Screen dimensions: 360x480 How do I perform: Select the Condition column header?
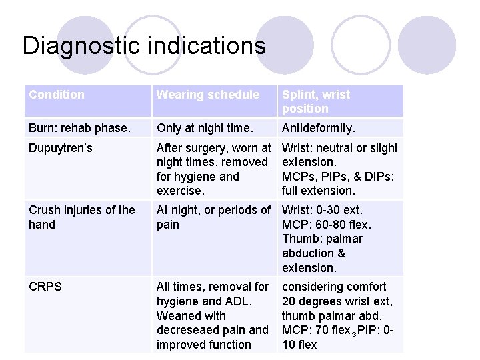pyautogui.click(x=57, y=95)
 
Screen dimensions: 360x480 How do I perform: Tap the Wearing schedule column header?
pyautogui.click(x=208, y=95)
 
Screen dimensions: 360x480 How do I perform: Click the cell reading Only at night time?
pyautogui.click(x=204, y=128)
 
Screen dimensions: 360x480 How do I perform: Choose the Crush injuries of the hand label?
pyautogui.click(x=81, y=217)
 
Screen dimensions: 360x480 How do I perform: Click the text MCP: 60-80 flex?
pyautogui.click(x=326, y=225)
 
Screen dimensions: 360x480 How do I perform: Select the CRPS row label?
pyautogui.click(x=45, y=287)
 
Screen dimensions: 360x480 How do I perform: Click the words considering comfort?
pyautogui.click(x=334, y=287)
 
